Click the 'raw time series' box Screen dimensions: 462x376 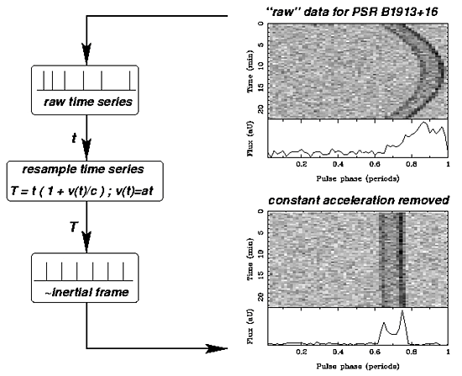point(85,90)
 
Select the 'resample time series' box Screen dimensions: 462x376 point(85,181)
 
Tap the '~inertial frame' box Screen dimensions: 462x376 point(85,278)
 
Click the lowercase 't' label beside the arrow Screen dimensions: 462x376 point(74,138)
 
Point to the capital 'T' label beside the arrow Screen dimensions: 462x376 point(74,227)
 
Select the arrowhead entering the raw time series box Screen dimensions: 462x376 point(87,54)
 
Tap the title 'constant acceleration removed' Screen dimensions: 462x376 point(359,200)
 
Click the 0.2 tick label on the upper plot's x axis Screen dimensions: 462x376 point(301,163)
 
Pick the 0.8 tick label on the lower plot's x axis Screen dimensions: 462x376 point(412,352)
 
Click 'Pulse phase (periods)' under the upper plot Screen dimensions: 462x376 point(358,178)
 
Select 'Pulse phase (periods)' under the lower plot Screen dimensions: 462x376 point(358,366)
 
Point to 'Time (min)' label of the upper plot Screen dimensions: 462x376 point(250,71)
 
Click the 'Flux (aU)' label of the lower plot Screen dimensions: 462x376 point(250,326)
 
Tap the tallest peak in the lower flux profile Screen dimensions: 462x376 point(402,311)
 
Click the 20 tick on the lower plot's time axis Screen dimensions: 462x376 point(260,297)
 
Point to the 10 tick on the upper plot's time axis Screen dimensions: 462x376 point(260,66)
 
